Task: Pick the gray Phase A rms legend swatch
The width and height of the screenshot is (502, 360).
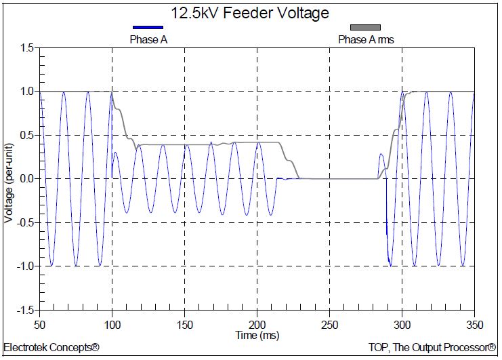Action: tap(365, 27)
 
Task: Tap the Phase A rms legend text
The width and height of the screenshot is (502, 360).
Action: tap(366, 39)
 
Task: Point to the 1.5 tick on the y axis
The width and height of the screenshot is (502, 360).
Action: tap(27, 48)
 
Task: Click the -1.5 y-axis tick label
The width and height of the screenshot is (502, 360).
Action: tap(26, 310)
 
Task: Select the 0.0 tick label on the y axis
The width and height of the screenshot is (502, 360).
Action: tap(27, 179)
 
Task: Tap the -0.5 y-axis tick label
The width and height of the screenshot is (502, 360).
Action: tap(26, 222)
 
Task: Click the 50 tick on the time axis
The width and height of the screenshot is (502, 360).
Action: tap(40, 323)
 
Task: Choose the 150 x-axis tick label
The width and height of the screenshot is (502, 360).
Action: tap(185, 323)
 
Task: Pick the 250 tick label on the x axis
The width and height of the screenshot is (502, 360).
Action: tap(330, 323)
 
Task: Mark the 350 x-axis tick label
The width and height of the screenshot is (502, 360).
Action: tap(474, 323)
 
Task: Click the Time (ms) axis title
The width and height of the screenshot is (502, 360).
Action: tap(257, 335)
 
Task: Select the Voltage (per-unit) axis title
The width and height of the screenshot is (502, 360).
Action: tap(9, 179)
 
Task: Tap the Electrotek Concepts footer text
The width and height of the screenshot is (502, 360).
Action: tap(51, 348)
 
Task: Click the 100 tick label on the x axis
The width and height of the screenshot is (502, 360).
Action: tap(112, 323)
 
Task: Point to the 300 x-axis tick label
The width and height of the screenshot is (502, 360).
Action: tap(402, 323)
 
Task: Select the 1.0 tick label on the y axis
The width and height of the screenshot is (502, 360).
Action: tap(27, 92)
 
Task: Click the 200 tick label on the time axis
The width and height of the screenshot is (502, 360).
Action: tap(257, 323)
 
